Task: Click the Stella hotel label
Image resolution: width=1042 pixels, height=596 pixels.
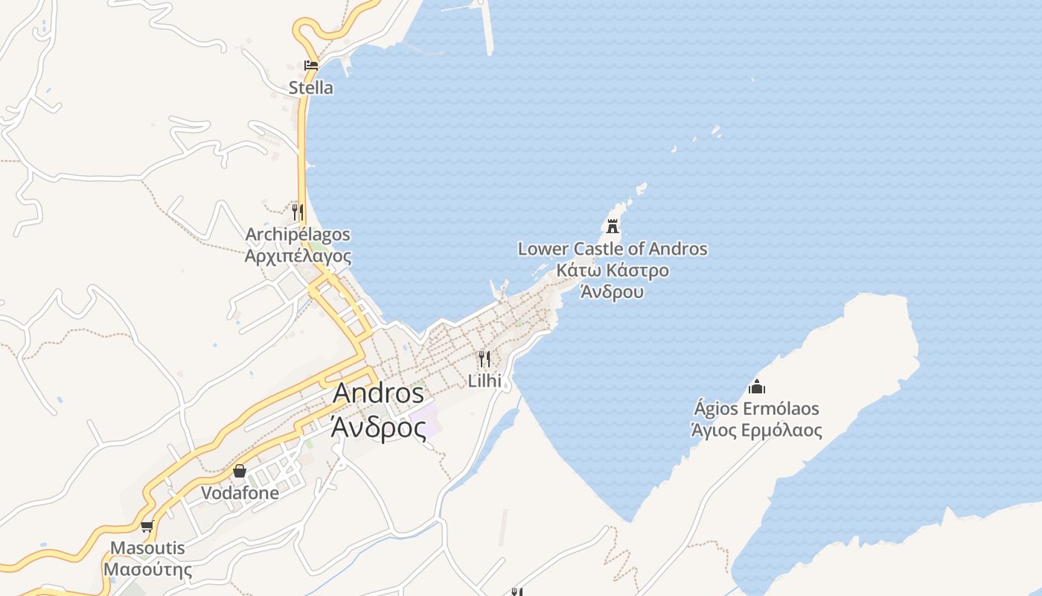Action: pyautogui.click(x=311, y=88)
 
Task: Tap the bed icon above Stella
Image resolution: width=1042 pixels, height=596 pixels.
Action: pyautogui.click(x=311, y=66)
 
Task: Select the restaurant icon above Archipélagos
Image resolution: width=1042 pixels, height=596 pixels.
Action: pyautogui.click(x=298, y=212)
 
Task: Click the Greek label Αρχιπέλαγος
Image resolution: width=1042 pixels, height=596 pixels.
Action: pyautogui.click(x=298, y=256)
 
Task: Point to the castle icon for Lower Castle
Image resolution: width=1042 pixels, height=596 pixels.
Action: pyautogui.click(x=613, y=226)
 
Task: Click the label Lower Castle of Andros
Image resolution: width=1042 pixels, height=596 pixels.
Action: pyautogui.click(x=613, y=249)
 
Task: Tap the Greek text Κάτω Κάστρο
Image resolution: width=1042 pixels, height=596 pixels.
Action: pyautogui.click(x=613, y=270)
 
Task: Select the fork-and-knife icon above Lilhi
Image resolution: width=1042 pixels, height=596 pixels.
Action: pyautogui.click(x=485, y=359)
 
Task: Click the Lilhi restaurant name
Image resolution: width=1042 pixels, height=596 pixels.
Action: pyautogui.click(x=485, y=381)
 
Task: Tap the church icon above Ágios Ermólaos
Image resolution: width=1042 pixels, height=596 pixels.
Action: pyautogui.click(x=757, y=387)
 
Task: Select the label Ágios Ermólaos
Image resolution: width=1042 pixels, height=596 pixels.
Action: pyautogui.click(x=757, y=408)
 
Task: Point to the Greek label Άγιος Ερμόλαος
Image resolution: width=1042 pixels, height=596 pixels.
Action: pyautogui.click(x=757, y=430)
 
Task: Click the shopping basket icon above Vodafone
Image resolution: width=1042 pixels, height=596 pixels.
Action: pyautogui.click(x=240, y=471)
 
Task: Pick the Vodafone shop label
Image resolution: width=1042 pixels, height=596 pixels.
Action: pyautogui.click(x=240, y=493)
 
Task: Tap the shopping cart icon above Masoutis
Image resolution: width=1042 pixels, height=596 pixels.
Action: pyautogui.click(x=147, y=527)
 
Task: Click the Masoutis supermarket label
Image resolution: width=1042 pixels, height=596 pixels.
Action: pyautogui.click(x=147, y=548)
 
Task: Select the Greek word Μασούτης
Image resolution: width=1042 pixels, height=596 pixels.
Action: pyautogui.click(x=147, y=570)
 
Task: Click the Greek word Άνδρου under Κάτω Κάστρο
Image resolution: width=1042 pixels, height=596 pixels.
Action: pyautogui.click(x=613, y=292)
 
